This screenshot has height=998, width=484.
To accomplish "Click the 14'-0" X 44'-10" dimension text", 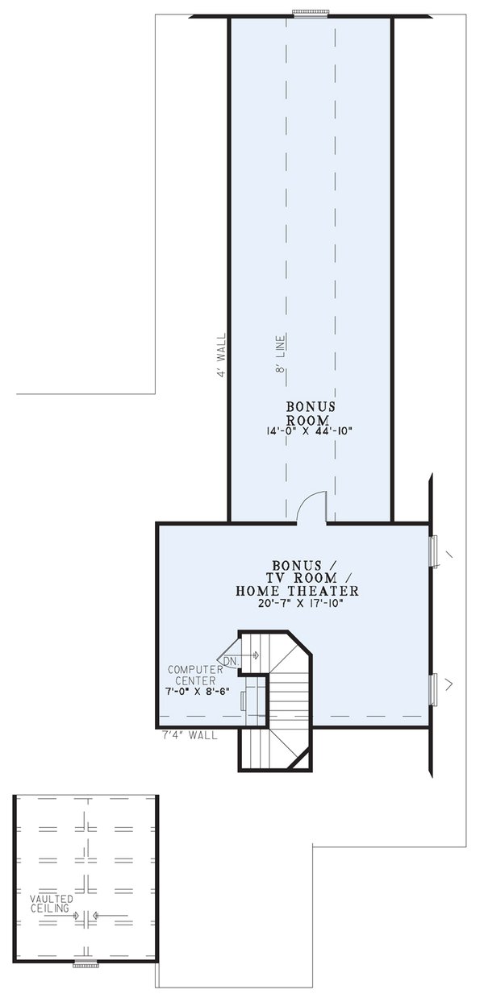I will coord(311,432).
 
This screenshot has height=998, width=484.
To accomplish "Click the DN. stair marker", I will coord(231,661).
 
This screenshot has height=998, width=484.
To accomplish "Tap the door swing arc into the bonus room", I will coord(311,508).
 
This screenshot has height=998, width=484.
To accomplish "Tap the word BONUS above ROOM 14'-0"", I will coord(311,406).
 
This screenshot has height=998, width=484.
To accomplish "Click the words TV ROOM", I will coord(297,578).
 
